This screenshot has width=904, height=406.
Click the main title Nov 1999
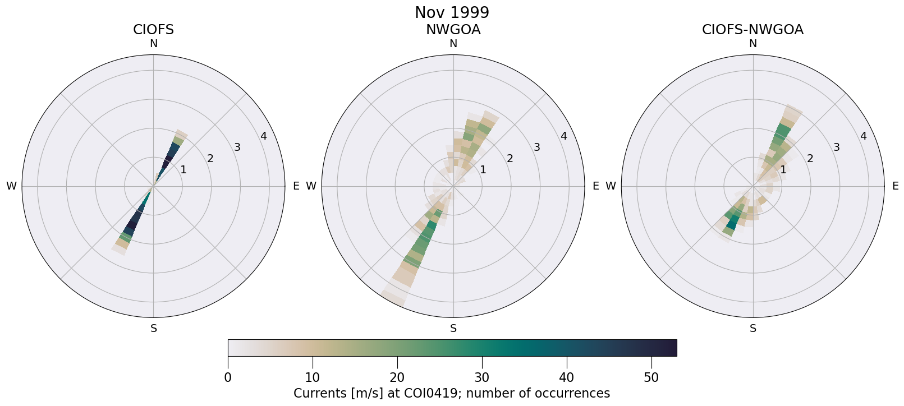pyautogui.click(x=452, y=12)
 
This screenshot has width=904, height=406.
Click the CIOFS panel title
pyautogui.click(x=153, y=30)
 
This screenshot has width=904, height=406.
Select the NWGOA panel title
pyautogui.click(x=453, y=30)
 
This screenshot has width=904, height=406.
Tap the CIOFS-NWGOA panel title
pyautogui.click(x=752, y=30)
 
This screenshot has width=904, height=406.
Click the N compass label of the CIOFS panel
pyautogui.click(x=153, y=44)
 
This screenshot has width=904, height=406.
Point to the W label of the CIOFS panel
pyautogui.click(x=11, y=186)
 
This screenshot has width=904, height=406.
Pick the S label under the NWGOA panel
pyautogui.click(x=453, y=329)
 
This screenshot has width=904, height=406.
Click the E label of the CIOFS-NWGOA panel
pyautogui.click(x=896, y=186)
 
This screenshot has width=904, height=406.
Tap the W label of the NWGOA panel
pyautogui.click(x=311, y=186)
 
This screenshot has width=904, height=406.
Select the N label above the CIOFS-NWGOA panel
pyautogui.click(x=753, y=44)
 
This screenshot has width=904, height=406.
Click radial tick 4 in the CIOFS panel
pyautogui.click(x=264, y=136)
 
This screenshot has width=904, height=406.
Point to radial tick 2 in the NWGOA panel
pyautogui.click(x=510, y=159)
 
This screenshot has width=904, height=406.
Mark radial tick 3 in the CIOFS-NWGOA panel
pyautogui.click(x=836, y=147)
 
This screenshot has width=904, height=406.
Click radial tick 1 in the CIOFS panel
pyautogui.click(x=183, y=170)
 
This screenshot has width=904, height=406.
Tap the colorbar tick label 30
pyautogui.click(x=481, y=377)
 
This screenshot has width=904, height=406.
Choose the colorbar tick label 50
pyautogui.click(x=651, y=377)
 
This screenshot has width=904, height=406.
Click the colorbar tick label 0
pyautogui.click(x=228, y=377)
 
